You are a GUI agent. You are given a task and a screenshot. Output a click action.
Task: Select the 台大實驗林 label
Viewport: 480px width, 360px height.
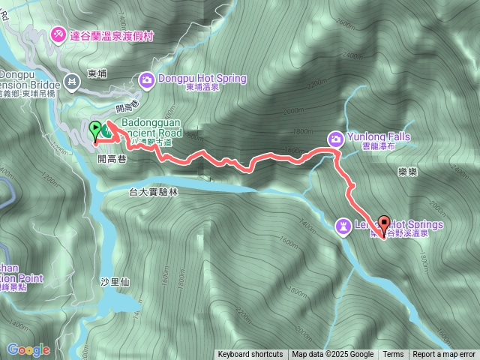(x=154, y=192)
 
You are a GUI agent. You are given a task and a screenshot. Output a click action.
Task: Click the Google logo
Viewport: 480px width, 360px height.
(x=28, y=349)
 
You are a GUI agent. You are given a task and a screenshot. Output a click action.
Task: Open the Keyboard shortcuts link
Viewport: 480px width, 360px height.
(x=250, y=355)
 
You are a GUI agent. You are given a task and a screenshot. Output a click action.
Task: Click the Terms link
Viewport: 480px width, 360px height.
(x=393, y=355)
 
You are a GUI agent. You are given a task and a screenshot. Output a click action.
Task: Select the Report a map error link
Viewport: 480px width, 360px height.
(x=444, y=355)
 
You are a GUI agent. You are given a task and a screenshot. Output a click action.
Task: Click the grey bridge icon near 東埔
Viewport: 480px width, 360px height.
(x=72, y=81)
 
